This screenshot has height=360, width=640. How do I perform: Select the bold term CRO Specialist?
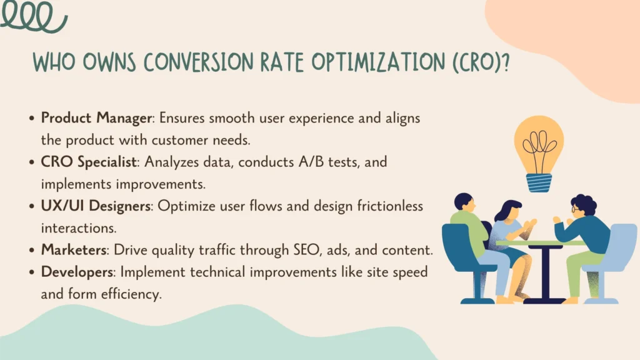coord(89,161)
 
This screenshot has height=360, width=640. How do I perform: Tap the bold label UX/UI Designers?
coord(95,206)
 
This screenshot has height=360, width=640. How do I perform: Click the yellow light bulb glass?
coord(539,144)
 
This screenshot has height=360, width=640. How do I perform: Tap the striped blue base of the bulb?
coord(539,182)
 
